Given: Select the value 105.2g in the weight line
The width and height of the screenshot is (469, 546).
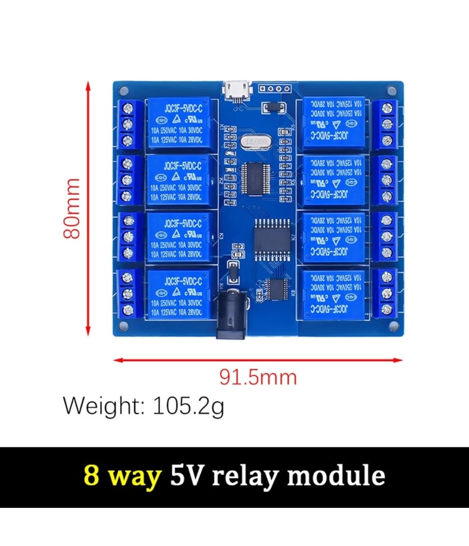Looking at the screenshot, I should [188, 406].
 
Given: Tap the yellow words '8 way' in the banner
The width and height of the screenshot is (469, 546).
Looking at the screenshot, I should [123, 475].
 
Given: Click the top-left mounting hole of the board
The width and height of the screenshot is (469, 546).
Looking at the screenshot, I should [123, 91].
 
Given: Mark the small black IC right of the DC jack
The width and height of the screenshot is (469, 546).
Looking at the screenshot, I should [275, 288].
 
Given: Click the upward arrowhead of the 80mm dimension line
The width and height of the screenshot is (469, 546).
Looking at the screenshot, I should [89, 86].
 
